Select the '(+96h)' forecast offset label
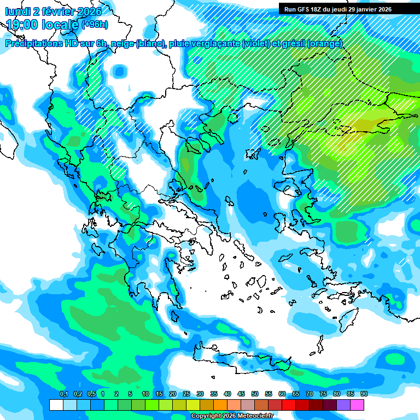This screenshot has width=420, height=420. point(95,24)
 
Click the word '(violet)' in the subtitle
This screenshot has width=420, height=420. point(255,44)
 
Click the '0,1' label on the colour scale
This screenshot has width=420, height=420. point(63,394)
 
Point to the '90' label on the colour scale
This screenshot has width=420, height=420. point(364,394)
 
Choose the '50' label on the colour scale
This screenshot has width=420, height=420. point(255,394)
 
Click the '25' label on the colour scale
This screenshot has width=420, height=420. point(186,394)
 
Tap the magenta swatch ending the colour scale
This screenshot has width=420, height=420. point(357,405)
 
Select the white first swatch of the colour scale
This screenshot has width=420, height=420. point(56,405)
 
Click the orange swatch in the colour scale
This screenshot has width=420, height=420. point(220,405)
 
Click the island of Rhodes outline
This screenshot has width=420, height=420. point(348,319)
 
